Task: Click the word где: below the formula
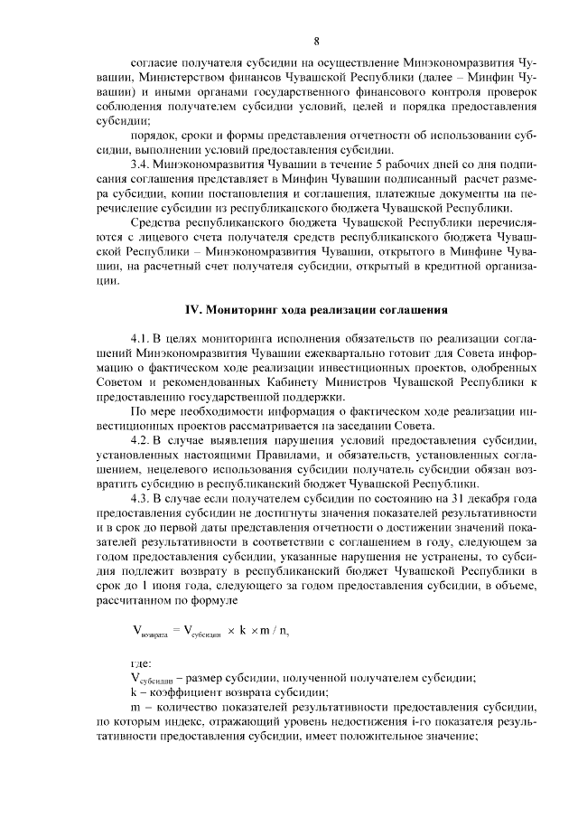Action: pyautogui.click(x=141, y=664)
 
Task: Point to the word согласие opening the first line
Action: pyautogui.click(x=158, y=65)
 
